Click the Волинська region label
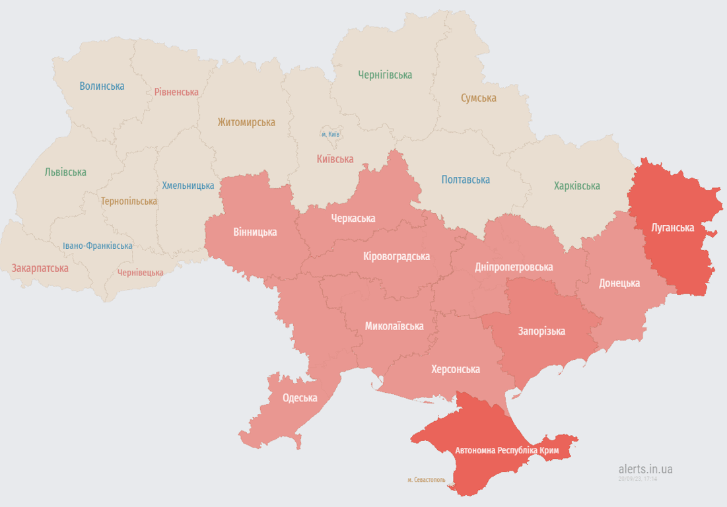click(x=102, y=86)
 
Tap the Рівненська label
click(x=176, y=92)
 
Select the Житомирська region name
click(x=246, y=122)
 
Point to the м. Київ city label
click(x=331, y=135)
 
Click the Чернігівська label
click(x=385, y=75)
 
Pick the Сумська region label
click(x=478, y=98)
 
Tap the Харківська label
click(x=576, y=186)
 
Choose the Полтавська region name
click(x=465, y=180)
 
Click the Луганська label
click(x=672, y=228)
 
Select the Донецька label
click(x=619, y=283)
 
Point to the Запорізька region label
click(x=541, y=331)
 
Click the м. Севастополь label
click(x=426, y=480)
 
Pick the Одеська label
click(x=300, y=397)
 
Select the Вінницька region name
click(x=255, y=232)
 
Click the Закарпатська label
click(x=40, y=268)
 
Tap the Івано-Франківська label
click(x=97, y=246)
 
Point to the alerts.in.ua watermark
click(x=645, y=469)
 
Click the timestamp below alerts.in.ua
click(x=637, y=479)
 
